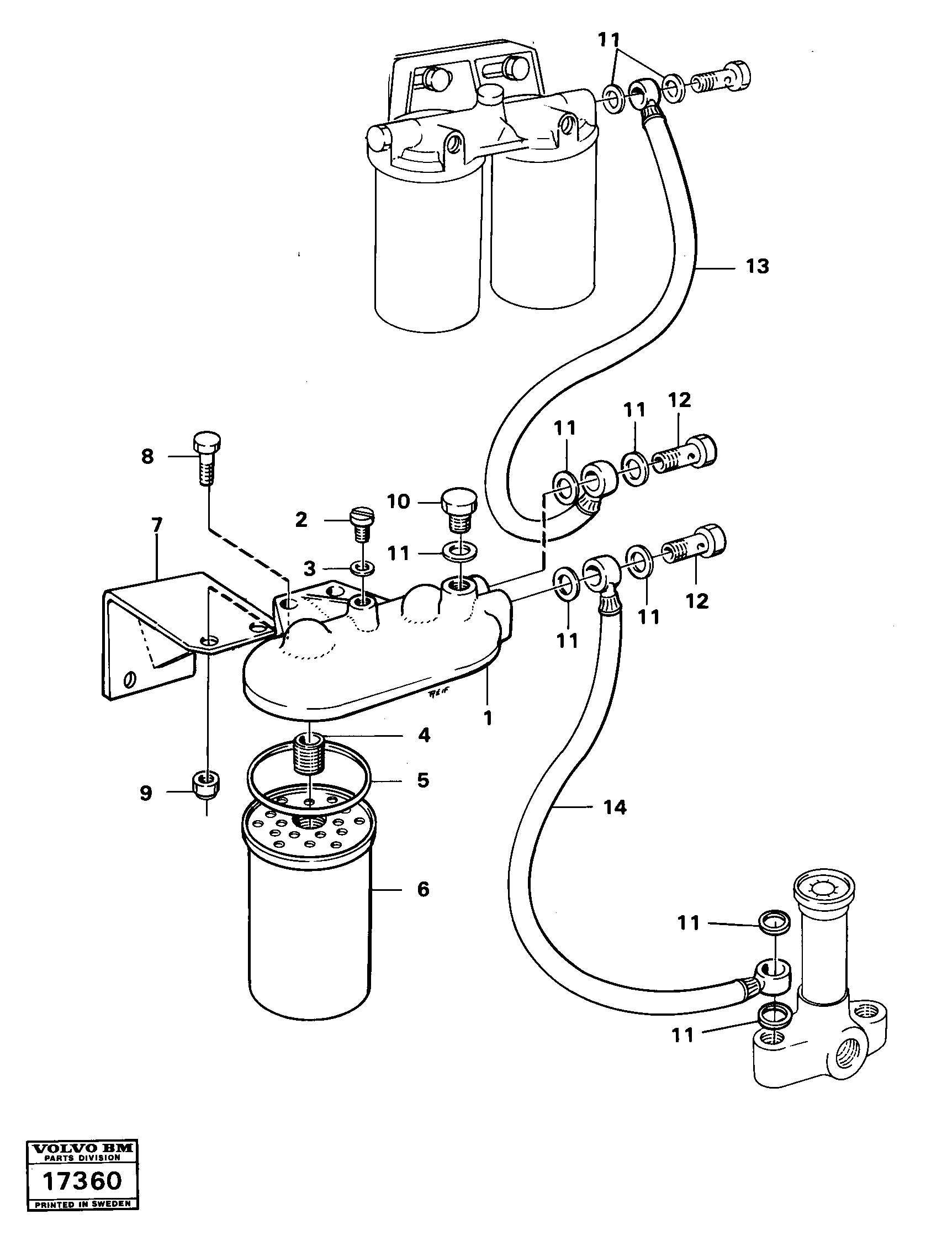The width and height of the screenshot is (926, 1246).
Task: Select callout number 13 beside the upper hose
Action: [x=757, y=267]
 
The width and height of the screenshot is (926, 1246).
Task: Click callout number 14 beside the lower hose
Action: [x=615, y=807]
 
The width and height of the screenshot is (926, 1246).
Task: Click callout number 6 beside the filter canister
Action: [x=423, y=889]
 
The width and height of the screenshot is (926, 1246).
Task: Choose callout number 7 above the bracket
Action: [x=156, y=525]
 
